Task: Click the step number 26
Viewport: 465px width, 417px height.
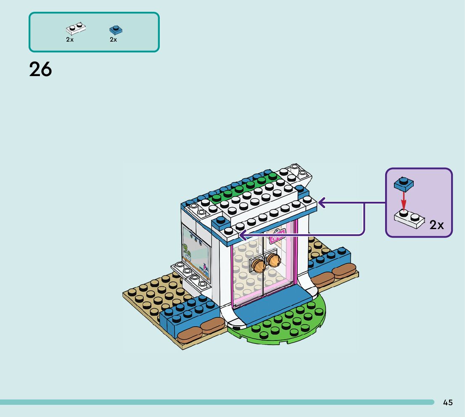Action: (x=40, y=69)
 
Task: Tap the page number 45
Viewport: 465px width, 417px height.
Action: (x=448, y=402)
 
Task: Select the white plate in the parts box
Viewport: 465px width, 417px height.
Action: (x=76, y=29)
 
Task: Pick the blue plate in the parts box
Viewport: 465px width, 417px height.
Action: (x=116, y=29)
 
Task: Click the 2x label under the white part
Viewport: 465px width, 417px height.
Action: (x=70, y=40)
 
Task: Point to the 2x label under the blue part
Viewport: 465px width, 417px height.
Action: (x=113, y=40)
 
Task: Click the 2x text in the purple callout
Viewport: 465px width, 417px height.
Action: (x=437, y=225)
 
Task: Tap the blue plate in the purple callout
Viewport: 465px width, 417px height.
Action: (x=404, y=183)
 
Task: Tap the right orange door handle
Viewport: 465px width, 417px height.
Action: (x=274, y=260)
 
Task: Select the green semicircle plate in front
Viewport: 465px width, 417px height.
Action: (x=286, y=324)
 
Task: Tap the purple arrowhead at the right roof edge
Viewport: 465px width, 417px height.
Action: (x=322, y=203)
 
